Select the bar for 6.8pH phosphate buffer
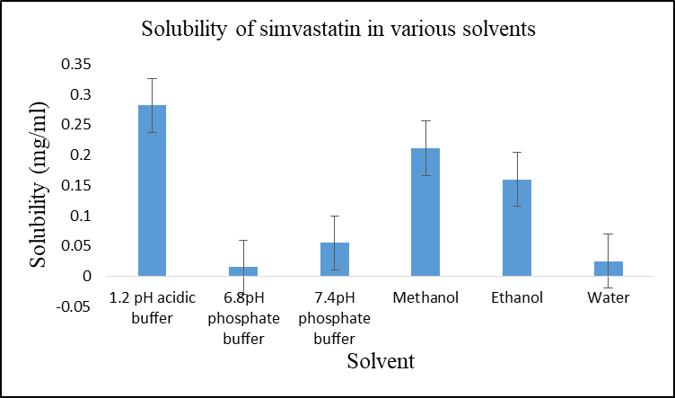coord(242,271)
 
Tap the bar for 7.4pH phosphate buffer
coord(334,260)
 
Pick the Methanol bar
coord(425,212)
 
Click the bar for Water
coord(608,269)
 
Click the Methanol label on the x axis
coord(425,298)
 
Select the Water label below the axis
coord(608,298)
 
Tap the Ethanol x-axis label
coord(517,298)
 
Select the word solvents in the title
coord(499,29)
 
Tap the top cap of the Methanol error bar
coord(425,120)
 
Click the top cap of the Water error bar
coord(608,234)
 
